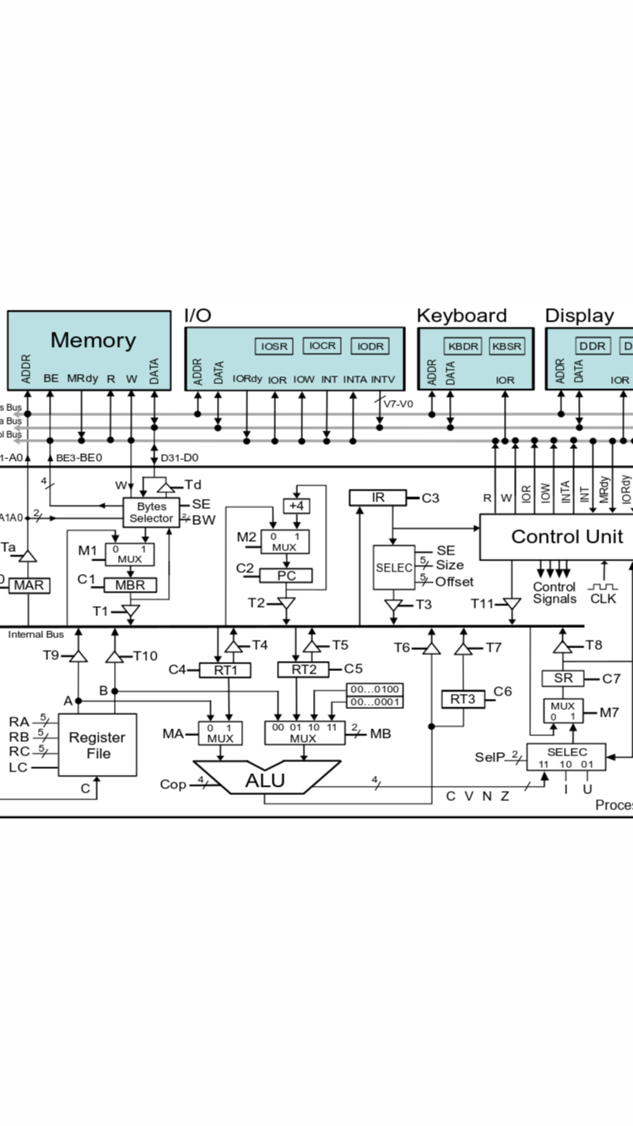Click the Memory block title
click(x=93, y=340)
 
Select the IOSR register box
click(x=274, y=346)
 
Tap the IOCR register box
click(x=322, y=346)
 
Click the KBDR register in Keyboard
click(x=463, y=346)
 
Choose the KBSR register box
click(x=507, y=346)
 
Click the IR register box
click(x=377, y=498)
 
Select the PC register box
click(x=286, y=576)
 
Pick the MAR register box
click(x=28, y=584)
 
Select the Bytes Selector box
click(x=151, y=512)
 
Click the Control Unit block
click(x=565, y=537)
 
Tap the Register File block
click(x=97, y=744)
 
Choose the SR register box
click(x=563, y=678)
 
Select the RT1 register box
click(x=225, y=670)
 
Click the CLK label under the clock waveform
click(x=603, y=598)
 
